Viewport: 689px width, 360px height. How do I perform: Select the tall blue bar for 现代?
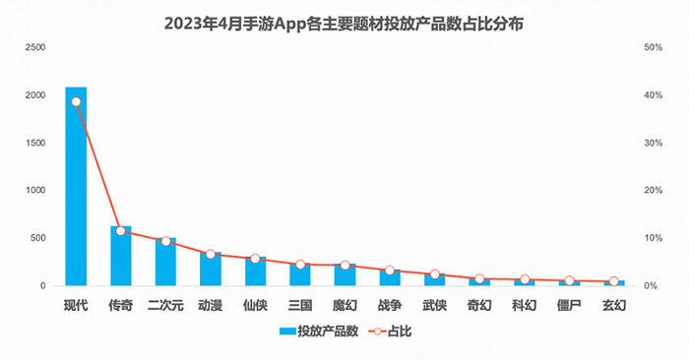(x=76, y=187)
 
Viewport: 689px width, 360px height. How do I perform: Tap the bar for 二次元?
(x=165, y=263)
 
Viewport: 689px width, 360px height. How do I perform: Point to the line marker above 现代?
(x=76, y=101)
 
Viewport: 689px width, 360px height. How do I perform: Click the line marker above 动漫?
(x=211, y=255)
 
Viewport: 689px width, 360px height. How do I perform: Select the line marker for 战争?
(x=390, y=270)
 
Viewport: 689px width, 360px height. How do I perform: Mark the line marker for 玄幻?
(x=613, y=281)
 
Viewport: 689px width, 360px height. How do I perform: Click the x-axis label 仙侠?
(x=255, y=306)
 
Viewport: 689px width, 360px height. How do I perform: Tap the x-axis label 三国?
(x=300, y=306)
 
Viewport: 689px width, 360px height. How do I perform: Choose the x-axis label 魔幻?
(x=344, y=306)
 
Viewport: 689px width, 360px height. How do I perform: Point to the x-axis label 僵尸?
(x=569, y=306)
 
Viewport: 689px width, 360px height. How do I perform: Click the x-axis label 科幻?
(x=524, y=306)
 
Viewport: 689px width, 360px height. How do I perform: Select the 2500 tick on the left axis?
(x=35, y=47)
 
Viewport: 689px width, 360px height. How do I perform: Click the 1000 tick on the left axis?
(x=35, y=191)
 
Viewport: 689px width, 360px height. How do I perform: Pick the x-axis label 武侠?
(x=434, y=306)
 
